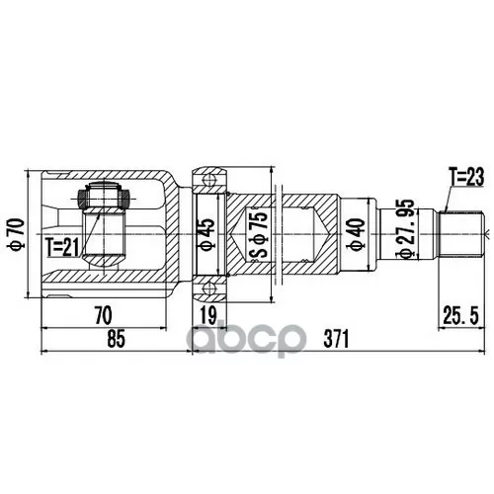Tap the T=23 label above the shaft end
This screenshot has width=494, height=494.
click(x=464, y=179)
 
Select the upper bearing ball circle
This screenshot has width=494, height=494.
click(x=208, y=181)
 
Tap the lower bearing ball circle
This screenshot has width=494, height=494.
click(x=208, y=289)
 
